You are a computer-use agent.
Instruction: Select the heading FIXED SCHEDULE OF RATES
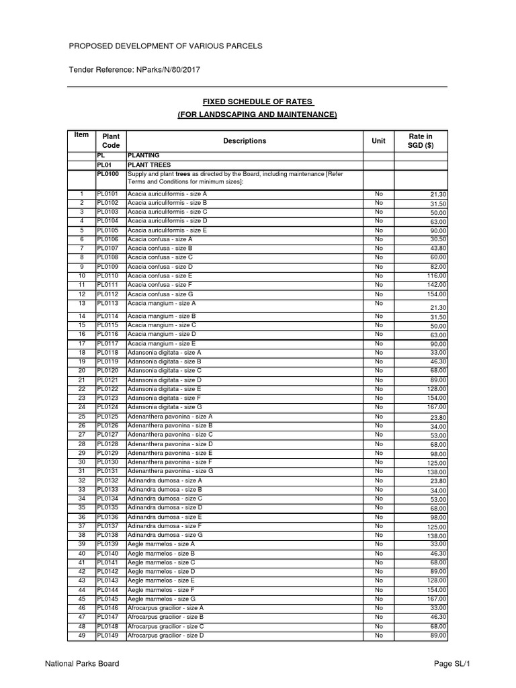259,101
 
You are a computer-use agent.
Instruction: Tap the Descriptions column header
245,141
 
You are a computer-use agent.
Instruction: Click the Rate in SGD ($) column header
421,141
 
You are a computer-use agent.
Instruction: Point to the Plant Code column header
111,141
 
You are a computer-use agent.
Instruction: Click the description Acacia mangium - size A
162,304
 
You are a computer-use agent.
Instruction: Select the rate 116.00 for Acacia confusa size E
436,276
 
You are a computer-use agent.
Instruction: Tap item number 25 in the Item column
81,417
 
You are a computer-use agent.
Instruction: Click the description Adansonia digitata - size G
165,407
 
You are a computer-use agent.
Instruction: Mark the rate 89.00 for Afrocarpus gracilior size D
438,636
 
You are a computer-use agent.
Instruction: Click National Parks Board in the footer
82,664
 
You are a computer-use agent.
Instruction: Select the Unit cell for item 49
378,635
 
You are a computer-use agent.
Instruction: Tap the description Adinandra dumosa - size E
164,517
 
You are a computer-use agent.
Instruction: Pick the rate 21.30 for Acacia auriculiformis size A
438,194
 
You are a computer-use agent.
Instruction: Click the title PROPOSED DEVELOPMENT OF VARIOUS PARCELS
166,46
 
